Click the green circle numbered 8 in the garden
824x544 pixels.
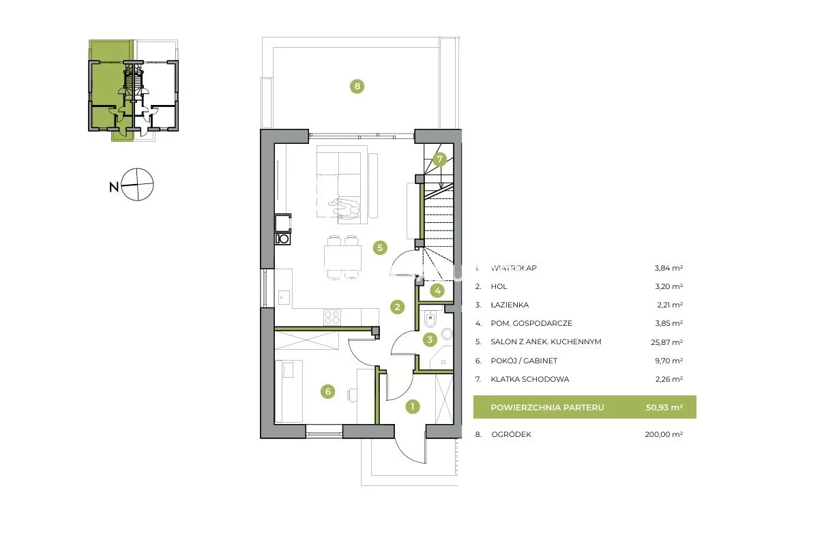pyautogui.click(x=357, y=87)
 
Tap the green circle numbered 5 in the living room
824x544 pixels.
pyautogui.click(x=380, y=247)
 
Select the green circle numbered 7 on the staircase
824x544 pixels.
pyautogui.click(x=439, y=159)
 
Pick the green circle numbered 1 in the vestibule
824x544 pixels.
pyautogui.click(x=413, y=406)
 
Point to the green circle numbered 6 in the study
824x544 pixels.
pyautogui.click(x=328, y=391)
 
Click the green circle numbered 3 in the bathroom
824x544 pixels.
pyautogui.click(x=430, y=339)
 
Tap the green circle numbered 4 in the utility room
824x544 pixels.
pyautogui.click(x=437, y=291)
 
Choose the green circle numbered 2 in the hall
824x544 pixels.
pyautogui.click(x=397, y=307)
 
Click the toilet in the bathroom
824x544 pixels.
pyautogui.click(x=430, y=319)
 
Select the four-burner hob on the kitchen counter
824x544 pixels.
pyautogui.click(x=332, y=318)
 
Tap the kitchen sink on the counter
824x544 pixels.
pyautogui.click(x=284, y=297)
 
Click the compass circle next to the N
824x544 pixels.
pyautogui.click(x=137, y=185)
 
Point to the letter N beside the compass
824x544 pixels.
pyautogui.click(x=114, y=187)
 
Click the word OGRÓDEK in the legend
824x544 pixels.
pyautogui.click(x=512, y=434)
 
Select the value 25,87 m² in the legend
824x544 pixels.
pyautogui.click(x=666, y=342)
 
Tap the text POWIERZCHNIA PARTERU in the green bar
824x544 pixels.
pyautogui.click(x=547, y=407)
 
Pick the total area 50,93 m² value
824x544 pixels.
pyautogui.click(x=664, y=407)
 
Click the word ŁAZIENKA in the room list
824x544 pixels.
pyautogui.click(x=510, y=305)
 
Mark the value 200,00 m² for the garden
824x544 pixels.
pyautogui.click(x=664, y=434)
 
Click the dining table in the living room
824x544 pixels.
pyautogui.click(x=342, y=258)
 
